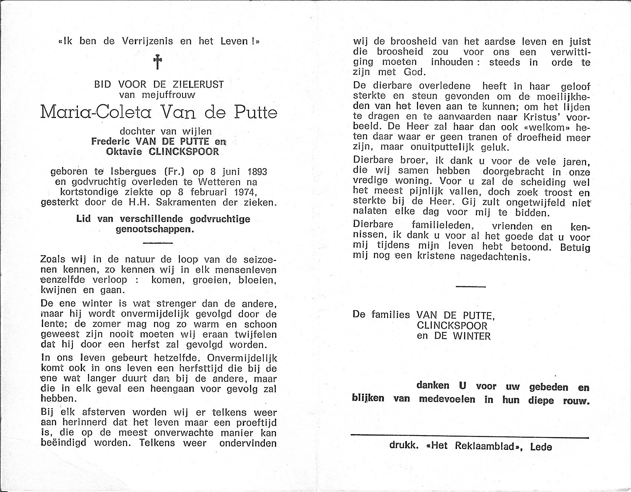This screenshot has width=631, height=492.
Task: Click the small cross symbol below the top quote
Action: click(158, 62)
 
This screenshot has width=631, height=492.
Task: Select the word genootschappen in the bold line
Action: click(155, 229)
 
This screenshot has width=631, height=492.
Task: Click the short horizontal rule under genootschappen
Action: click(158, 243)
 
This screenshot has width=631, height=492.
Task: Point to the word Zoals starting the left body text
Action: click(54, 260)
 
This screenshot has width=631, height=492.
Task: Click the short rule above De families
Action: click(470, 286)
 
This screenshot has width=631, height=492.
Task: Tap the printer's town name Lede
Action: click(541, 447)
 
